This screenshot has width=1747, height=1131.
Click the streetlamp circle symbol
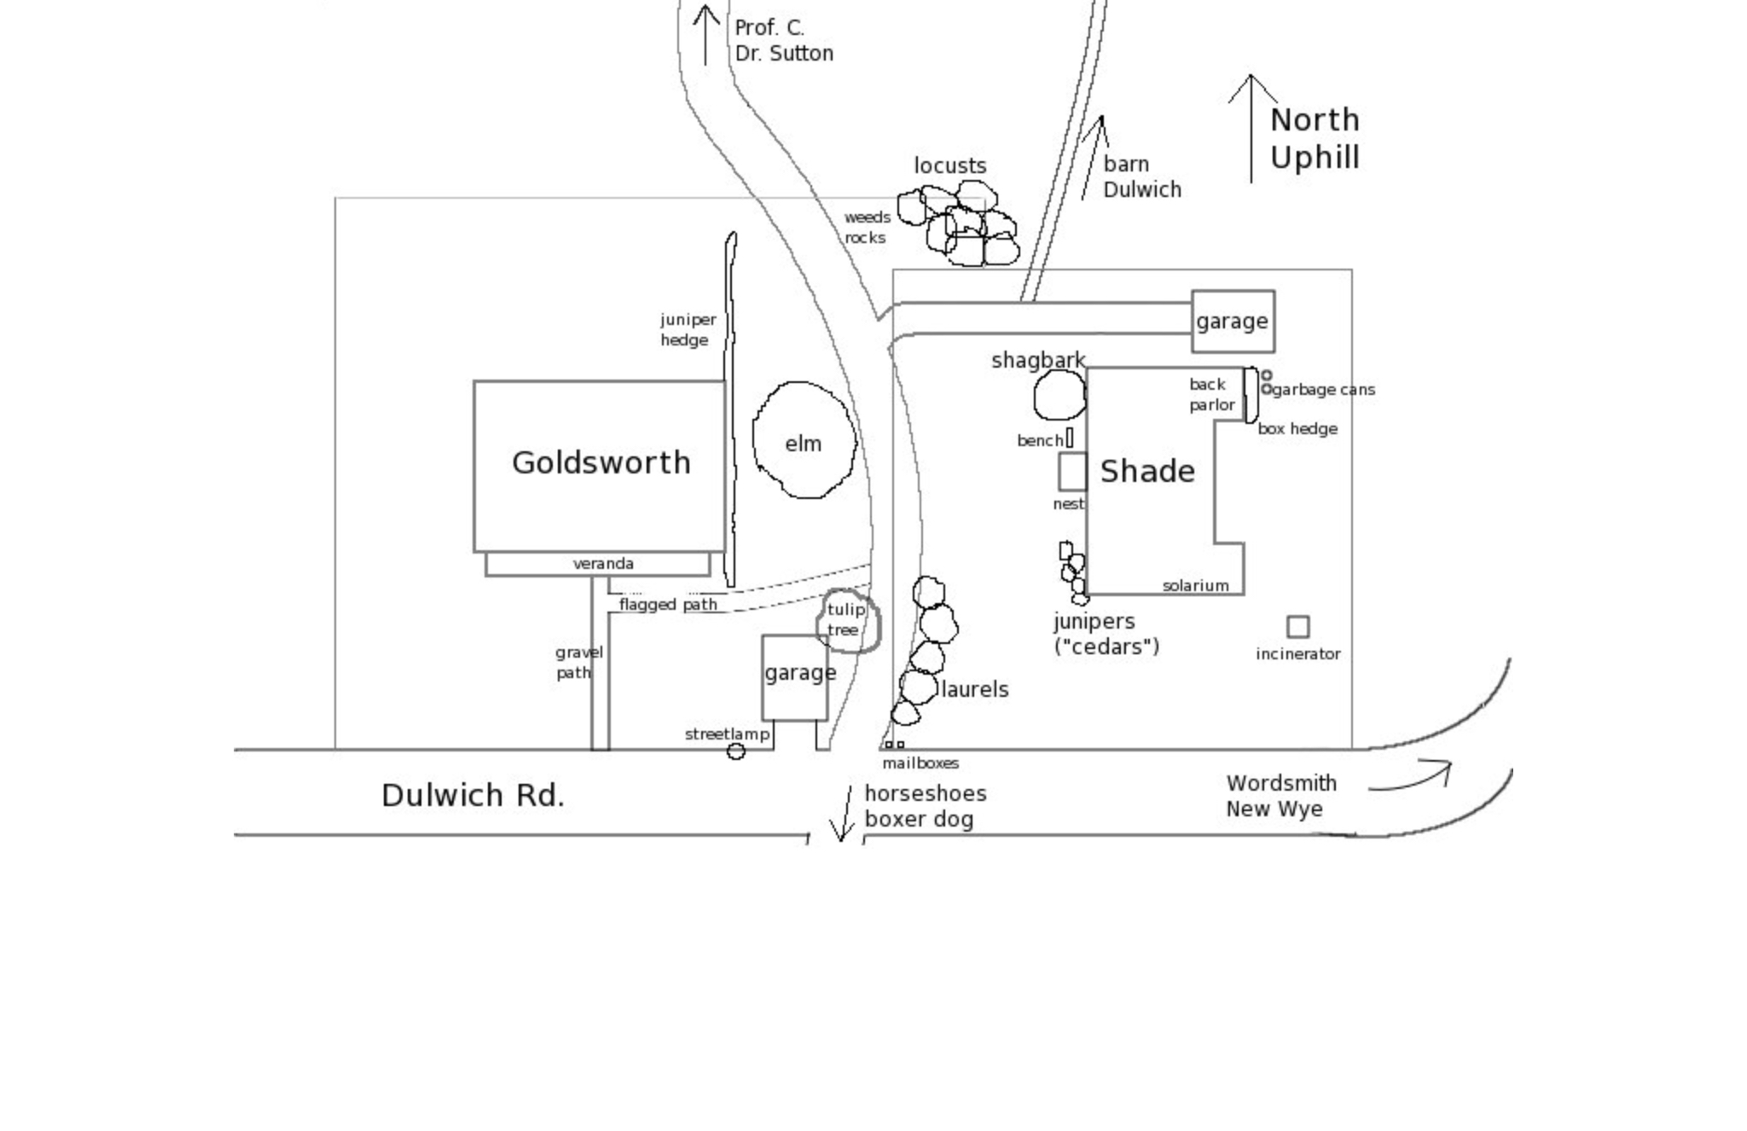[x=735, y=751]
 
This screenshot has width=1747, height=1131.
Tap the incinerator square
[x=1297, y=627]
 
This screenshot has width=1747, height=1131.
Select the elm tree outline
[x=804, y=440]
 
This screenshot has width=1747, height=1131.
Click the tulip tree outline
[x=849, y=621]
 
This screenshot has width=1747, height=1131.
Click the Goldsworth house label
[x=601, y=463]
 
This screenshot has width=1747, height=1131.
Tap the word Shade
[x=1147, y=472]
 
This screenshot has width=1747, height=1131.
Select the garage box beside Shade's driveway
[x=1233, y=322]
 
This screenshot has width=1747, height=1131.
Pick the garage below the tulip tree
[x=795, y=677]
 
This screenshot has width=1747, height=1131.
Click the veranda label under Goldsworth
[x=603, y=564]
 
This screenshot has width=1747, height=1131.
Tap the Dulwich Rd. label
[x=473, y=796]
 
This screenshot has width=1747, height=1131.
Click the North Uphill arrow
[x=1251, y=128]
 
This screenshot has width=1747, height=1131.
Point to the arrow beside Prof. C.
[x=705, y=35]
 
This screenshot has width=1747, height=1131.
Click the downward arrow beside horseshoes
[x=845, y=814]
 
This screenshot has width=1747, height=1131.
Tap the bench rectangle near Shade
[x=1070, y=438]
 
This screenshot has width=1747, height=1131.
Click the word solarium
[x=1195, y=586]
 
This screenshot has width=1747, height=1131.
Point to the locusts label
[x=949, y=166]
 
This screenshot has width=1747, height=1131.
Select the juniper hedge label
[x=687, y=330]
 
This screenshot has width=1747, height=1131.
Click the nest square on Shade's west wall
[x=1072, y=472]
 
